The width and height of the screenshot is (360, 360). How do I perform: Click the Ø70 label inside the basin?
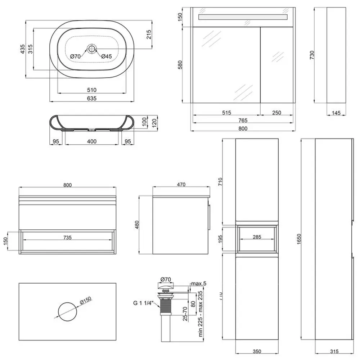click(75, 56)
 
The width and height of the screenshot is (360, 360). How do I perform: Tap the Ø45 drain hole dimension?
click(107, 56)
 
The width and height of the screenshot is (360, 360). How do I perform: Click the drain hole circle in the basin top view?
click(92, 48)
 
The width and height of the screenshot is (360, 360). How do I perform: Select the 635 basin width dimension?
click(92, 98)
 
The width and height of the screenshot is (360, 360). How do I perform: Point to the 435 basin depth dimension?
click(22, 49)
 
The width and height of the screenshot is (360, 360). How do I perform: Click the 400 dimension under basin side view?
click(92, 141)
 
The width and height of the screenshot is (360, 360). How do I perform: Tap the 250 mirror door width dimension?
click(276, 113)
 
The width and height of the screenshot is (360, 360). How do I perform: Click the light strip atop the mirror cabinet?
click(243, 17)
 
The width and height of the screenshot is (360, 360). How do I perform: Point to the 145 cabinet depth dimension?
click(336, 113)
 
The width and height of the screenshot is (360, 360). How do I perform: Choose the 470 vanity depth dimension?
click(181, 185)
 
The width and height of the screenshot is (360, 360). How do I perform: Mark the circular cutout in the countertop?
click(67, 312)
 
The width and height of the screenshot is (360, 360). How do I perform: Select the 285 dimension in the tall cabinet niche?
click(257, 237)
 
